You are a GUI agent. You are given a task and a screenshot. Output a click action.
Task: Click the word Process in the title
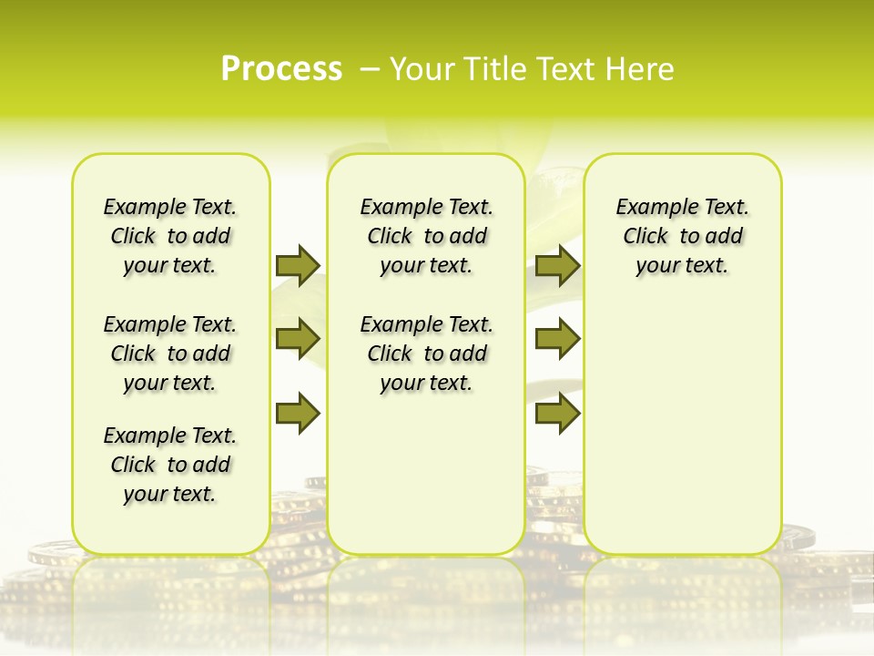tap(281, 68)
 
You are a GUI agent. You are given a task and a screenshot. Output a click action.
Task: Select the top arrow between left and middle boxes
tap(298, 265)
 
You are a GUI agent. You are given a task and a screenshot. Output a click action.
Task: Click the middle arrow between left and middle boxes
tap(298, 339)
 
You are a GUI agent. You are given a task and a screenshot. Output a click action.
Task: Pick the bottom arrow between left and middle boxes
tap(298, 413)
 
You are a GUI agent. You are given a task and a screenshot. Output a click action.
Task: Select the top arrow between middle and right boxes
tap(557, 265)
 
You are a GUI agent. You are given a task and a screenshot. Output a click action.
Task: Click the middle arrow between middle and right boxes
tap(557, 339)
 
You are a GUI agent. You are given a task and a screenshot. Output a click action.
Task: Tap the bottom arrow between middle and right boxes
tap(557, 413)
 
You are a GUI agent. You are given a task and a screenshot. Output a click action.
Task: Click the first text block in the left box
tap(170, 236)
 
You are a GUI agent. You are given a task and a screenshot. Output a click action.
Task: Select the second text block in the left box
tap(170, 354)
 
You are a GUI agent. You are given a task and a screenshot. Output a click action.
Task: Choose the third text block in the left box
tap(170, 465)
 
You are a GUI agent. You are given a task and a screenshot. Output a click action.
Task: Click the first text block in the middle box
tap(426, 236)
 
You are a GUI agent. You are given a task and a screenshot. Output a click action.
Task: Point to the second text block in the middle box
tap(426, 354)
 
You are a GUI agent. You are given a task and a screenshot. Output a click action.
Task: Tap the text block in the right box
tap(682, 236)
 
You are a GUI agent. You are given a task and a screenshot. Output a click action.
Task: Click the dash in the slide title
tap(370, 68)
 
